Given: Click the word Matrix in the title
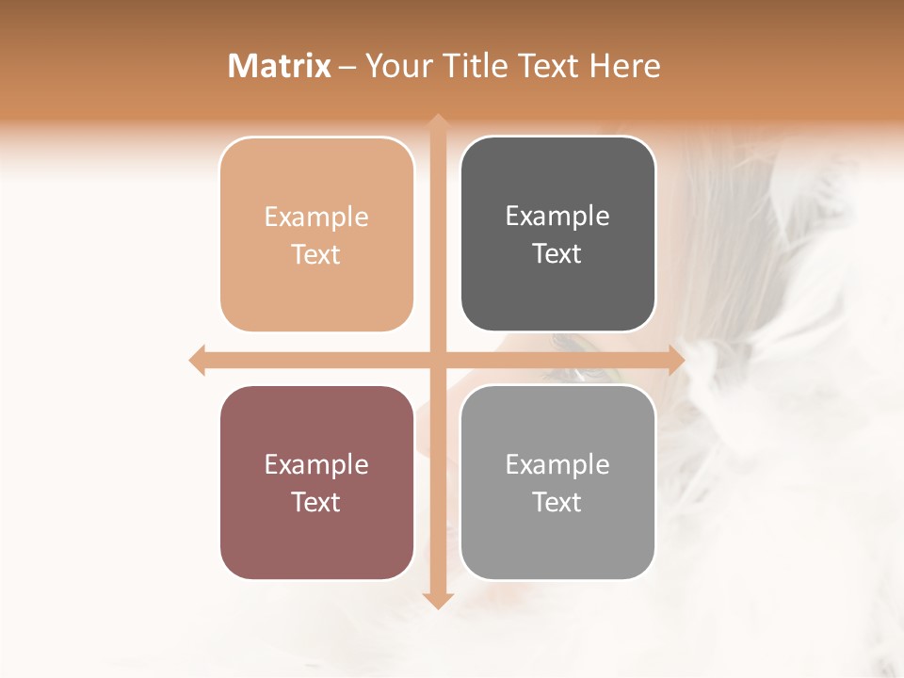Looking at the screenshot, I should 280,66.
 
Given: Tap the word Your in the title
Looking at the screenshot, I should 398,66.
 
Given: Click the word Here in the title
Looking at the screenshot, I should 624,66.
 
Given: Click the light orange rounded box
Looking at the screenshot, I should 316,234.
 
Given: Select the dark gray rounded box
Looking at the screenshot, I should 557,234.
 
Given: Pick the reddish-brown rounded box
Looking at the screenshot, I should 316,482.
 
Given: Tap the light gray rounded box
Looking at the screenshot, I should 557,482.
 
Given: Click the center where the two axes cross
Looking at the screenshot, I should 437,360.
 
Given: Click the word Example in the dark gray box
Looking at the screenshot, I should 557,217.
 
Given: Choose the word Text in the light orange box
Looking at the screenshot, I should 316,254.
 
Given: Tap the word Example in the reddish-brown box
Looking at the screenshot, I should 316,464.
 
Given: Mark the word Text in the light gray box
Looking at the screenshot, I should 557,502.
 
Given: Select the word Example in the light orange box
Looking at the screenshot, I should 316,217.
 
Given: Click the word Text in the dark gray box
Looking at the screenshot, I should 557,254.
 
